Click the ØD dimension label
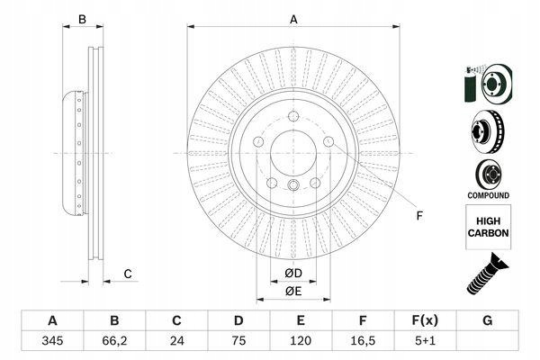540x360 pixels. tap(292, 273)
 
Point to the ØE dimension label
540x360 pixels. tap(292, 291)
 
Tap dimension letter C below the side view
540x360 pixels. tap(128, 274)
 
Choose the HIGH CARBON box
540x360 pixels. tap(488, 225)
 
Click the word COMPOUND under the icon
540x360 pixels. tap(488, 195)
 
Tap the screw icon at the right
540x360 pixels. tap(487, 272)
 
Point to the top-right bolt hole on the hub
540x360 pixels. tap(328, 140)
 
